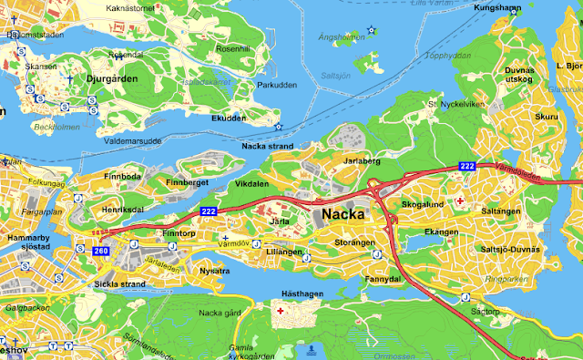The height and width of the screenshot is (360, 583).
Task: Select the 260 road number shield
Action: (100, 250)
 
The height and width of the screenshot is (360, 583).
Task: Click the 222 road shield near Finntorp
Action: (208, 211)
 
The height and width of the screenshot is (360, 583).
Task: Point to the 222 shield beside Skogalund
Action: (466, 166)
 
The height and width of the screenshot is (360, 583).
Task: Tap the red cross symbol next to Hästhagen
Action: (280, 311)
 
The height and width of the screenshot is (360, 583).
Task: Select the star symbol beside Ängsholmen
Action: (371, 31)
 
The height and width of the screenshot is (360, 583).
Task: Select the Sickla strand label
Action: (120, 283)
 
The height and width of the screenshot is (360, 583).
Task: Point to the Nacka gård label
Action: (218, 313)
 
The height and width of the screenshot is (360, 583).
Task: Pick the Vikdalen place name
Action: (251, 183)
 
